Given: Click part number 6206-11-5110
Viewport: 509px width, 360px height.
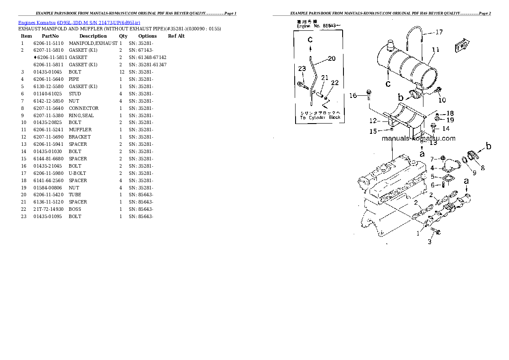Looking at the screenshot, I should [x=48, y=43].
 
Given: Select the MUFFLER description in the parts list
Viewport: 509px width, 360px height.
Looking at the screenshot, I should [x=80, y=130].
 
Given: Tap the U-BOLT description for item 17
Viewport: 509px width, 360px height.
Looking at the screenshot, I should [x=77, y=173].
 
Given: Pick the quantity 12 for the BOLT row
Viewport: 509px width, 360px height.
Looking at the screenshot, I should [x=121, y=72].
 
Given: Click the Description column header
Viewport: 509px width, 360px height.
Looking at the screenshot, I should [x=93, y=36].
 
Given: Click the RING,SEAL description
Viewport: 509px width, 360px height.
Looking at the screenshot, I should [x=81, y=115].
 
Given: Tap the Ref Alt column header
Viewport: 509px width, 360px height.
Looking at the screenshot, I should [x=176, y=36].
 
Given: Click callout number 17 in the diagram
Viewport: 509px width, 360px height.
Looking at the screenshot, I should [x=439, y=32].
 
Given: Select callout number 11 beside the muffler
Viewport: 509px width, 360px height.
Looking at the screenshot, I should [x=435, y=50].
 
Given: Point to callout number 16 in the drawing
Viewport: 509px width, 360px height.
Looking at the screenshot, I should [x=353, y=95].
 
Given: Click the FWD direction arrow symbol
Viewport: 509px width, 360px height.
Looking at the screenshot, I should [x=462, y=45].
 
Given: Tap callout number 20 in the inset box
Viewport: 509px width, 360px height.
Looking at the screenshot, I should [x=331, y=59].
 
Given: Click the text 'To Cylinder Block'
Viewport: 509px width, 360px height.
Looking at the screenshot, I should [x=320, y=117].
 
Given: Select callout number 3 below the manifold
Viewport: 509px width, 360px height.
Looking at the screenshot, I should [x=429, y=242].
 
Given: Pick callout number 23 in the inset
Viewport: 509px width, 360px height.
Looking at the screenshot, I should [x=302, y=68].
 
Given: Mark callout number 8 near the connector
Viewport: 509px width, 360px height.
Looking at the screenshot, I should [x=482, y=168].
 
